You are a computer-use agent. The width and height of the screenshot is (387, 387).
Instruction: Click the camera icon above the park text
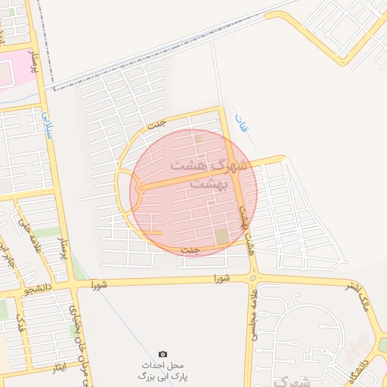point(163,354)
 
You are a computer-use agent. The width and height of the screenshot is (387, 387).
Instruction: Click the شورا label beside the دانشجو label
point(98,286)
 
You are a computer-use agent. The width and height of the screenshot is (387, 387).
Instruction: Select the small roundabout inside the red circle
point(141,188)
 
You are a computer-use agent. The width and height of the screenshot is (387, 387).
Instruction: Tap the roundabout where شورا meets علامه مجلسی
point(252,278)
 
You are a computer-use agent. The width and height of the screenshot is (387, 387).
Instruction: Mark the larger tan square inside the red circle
point(221,237)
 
